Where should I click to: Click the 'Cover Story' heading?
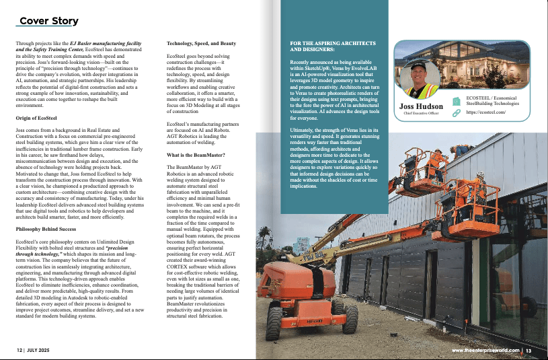(x=48, y=21)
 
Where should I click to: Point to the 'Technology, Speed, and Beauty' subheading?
(x=201, y=43)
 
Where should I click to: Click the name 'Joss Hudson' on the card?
(x=421, y=107)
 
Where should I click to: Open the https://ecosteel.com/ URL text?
(x=485, y=114)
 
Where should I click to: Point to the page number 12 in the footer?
(x=20, y=351)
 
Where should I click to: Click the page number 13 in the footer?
(x=529, y=351)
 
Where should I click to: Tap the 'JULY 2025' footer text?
(x=42, y=351)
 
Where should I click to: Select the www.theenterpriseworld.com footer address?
(x=485, y=351)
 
